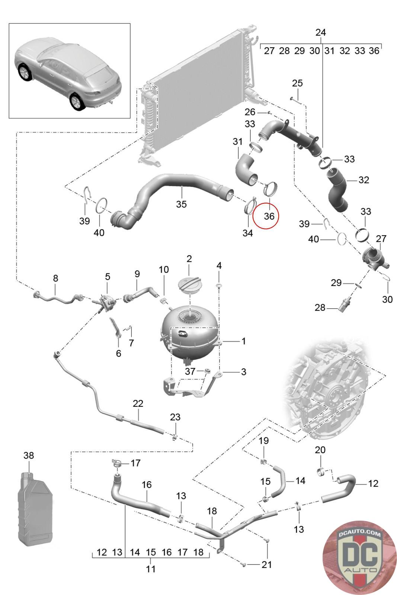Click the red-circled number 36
[269, 216]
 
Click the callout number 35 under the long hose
[181, 204]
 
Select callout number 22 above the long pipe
[138, 403]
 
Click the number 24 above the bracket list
[320, 32]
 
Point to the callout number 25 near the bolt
[297, 83]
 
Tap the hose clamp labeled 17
[117, 463]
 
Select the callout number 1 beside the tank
[244, 341]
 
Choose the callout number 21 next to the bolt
[266, 565]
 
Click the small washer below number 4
[219, 285]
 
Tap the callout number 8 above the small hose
[55, 278]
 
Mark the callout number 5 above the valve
[108, 277]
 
